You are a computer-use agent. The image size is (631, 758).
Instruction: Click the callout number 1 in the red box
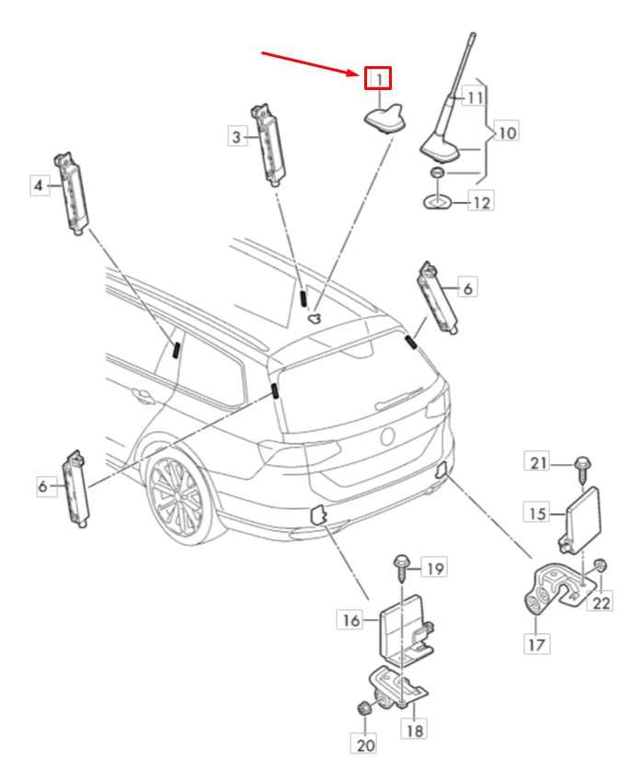click(x=378, y=79)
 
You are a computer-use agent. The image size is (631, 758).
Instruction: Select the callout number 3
click(x=238, y=137)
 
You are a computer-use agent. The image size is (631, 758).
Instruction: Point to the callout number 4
click(x=40, y=187)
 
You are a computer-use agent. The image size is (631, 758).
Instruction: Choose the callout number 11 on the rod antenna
click(x=475, y=96)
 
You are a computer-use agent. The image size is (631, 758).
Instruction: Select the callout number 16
click(x=351, y=620)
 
